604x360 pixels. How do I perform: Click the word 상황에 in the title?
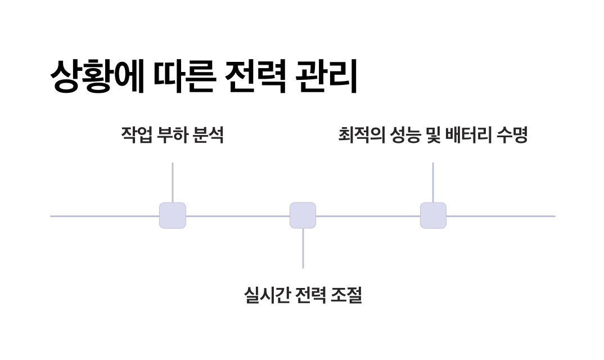click(x=96, y=76)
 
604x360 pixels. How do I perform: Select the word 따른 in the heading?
click(x=182, y=76)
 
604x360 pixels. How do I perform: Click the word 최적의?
click(x=360, y=135)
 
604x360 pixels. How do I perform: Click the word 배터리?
click(x=467, y=135)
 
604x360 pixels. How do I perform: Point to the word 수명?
click(x=512, y=135)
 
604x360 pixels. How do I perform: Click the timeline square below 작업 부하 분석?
click(x=173, y=215)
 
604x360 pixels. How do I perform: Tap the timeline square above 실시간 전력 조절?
click(x=303, y=215)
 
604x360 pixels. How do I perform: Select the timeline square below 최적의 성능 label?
click(x=433, y=215)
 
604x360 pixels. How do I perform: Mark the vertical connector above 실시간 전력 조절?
click(x=303, y=248)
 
